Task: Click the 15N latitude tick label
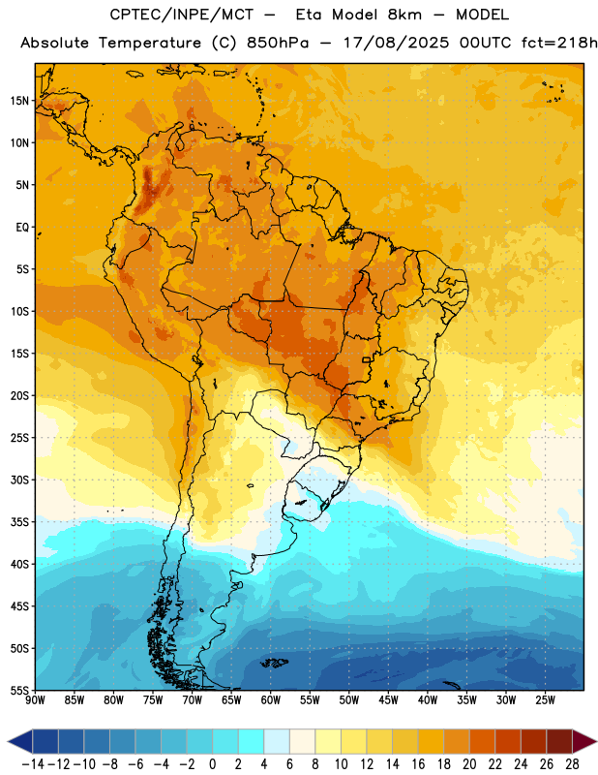pyautogui.click(x=19, y=101)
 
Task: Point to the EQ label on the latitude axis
pyautogui.click(x=22, y=228)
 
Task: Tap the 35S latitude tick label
pyautogui.click(x=19, y=522)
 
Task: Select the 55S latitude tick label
pyautogui.click(x=19, y=690)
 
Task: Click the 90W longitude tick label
pyautogui.click(x=35, y=700)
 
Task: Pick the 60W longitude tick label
pyautogui.click(x=271, y=700)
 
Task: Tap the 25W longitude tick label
pyautogui.click(x=545, y=700)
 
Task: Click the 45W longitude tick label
pyautogui.click(x=388, y=700)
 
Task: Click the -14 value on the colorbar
pyautogui.click(x=33, y=764)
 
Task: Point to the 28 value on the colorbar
pyautogui.click(x=572, y=764)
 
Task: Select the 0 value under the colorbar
pyautogui.click(x=212, y=764)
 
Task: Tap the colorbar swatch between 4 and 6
pyautogui.click(x=277, y=741)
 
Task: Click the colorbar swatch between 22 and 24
pyautogui.click(x=508, y=741)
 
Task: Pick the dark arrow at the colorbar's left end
pyautogui.click(x=20, y=741)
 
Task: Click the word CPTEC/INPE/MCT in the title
pyautogui.click(x=182, y=15)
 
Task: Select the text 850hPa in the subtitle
pyautogui.click(x=278, y=43)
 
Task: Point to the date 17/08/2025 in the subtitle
pyautogui.click(x=397, y=43)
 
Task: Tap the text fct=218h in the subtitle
pyautogui.click(x=559, y=43)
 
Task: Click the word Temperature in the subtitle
pyautogui.click(x=150, y=44)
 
